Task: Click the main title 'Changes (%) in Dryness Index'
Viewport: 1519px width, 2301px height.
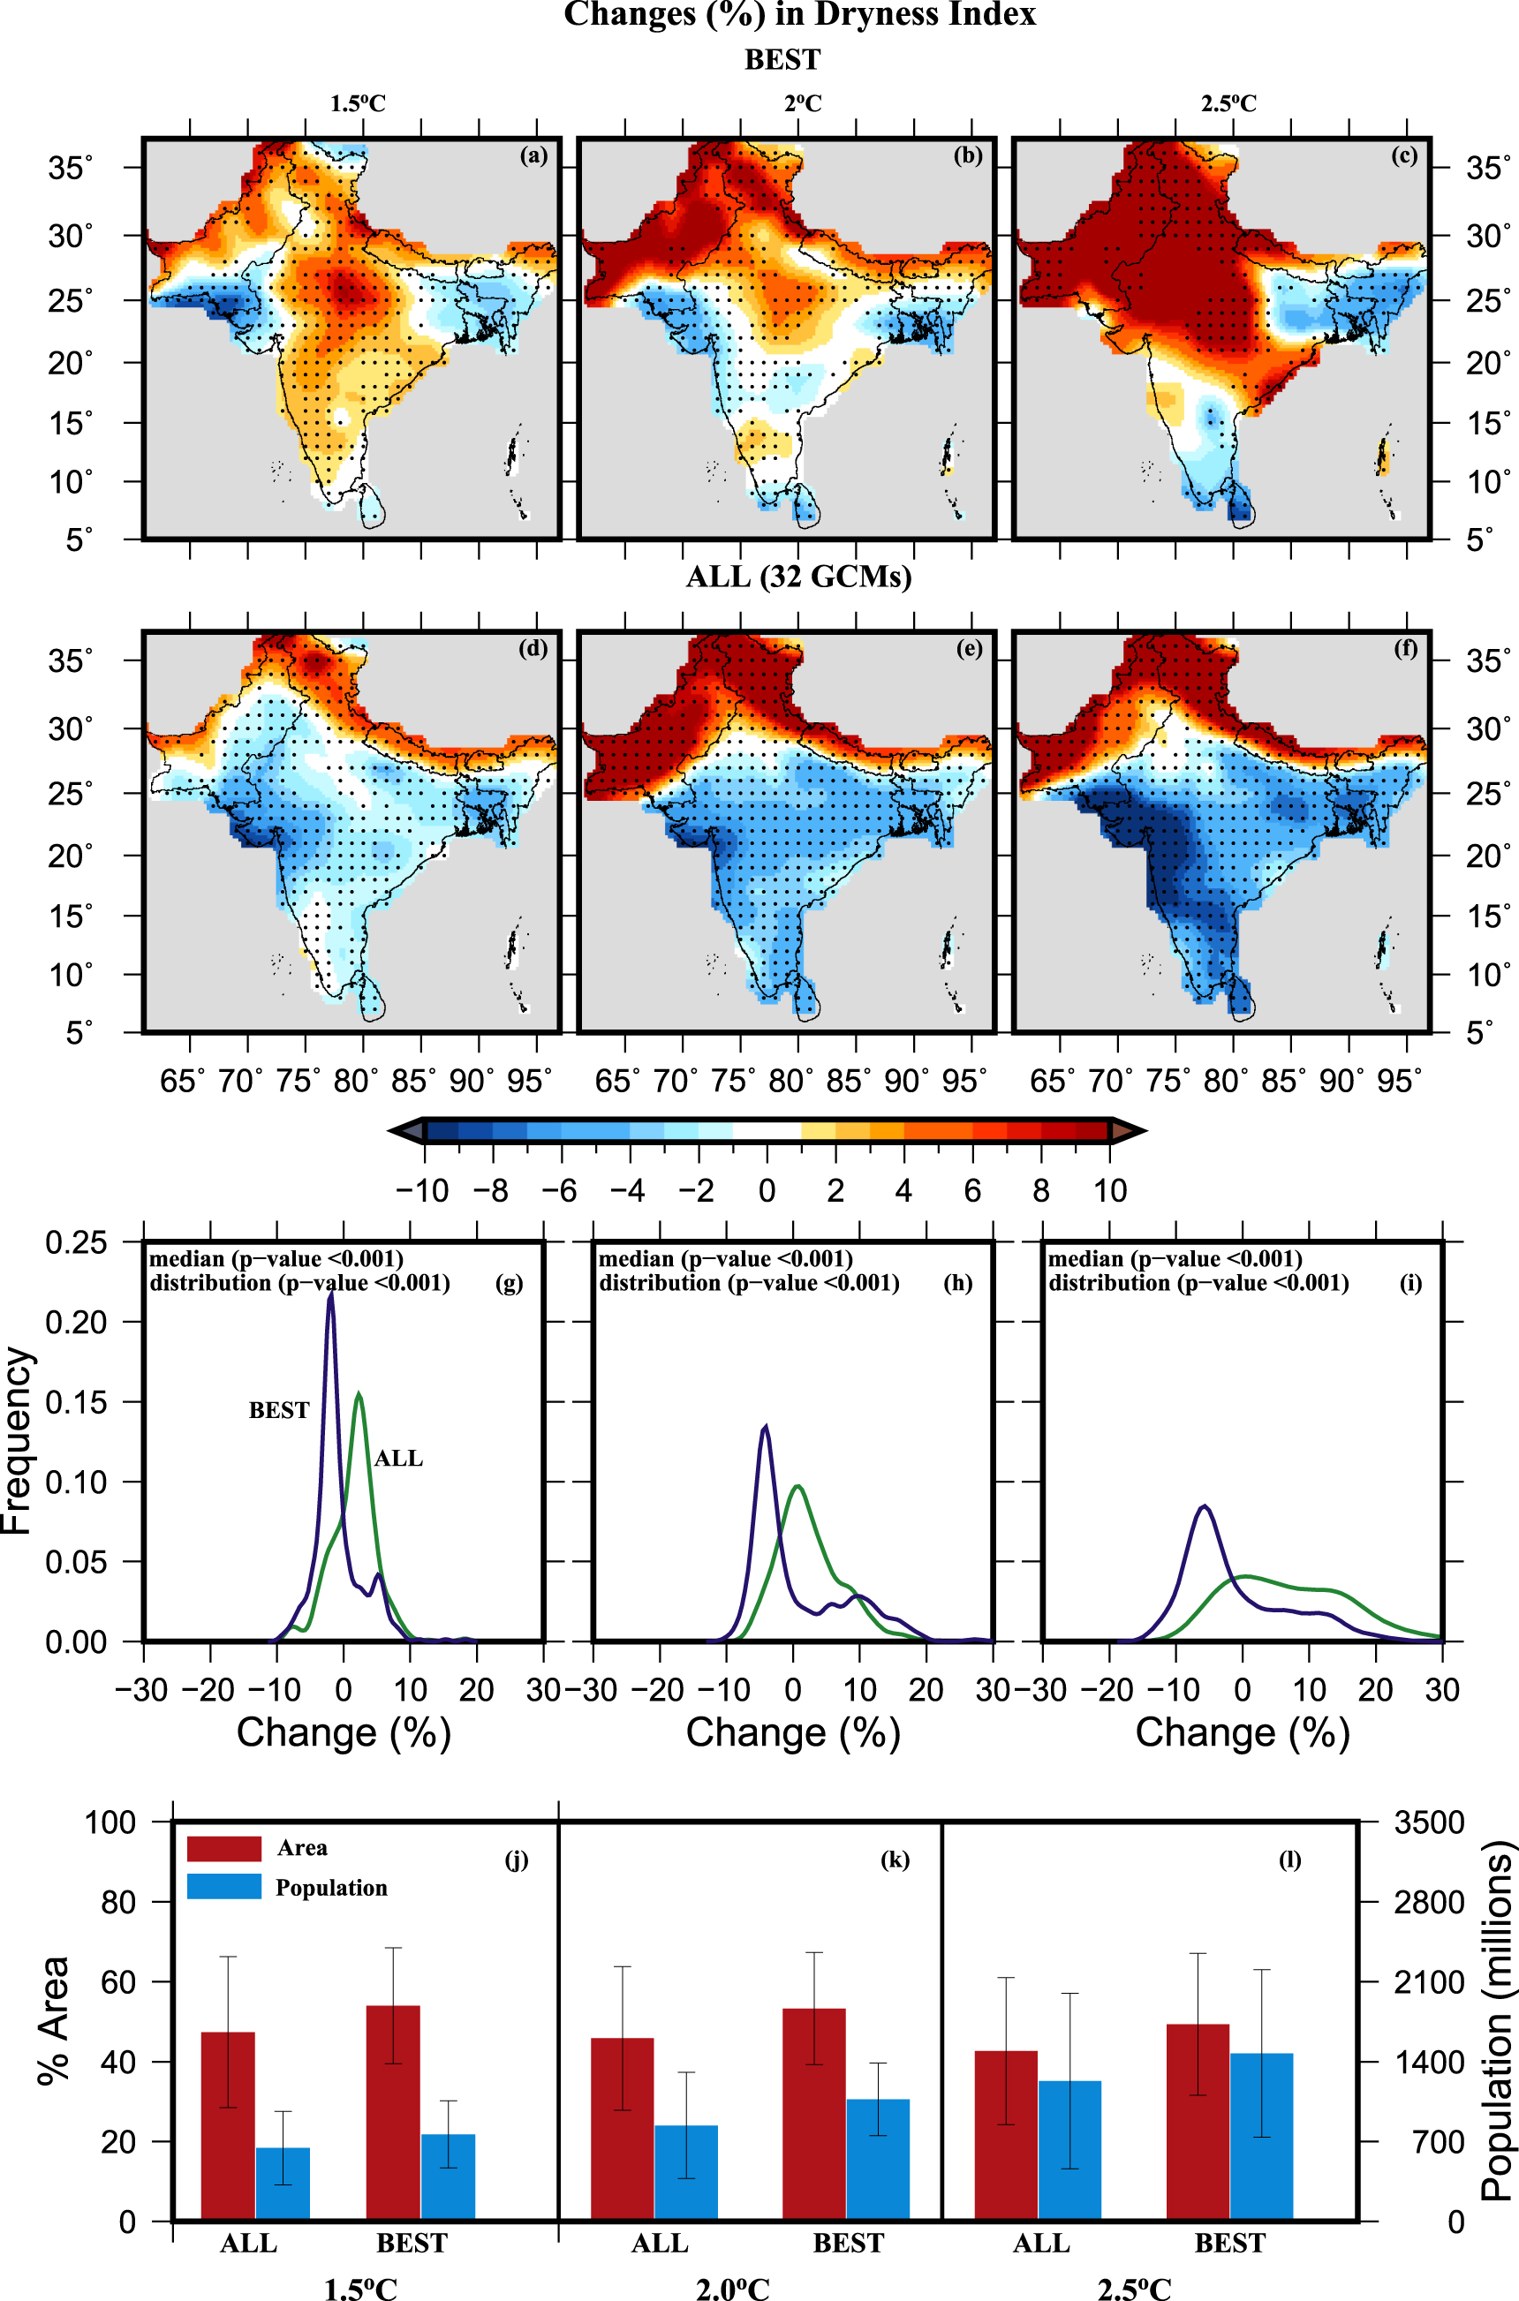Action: coord(799,16)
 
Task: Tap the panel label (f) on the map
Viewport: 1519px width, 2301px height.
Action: coord(1405,649)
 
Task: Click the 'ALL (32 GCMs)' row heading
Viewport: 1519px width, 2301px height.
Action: coord(798,577)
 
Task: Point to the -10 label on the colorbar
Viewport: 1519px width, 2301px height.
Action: coord(422,1190)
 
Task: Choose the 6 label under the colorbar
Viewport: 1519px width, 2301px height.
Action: coord(972,1190)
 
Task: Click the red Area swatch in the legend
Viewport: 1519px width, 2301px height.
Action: coord(223,1848)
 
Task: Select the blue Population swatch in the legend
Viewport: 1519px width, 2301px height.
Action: coord(223,1887)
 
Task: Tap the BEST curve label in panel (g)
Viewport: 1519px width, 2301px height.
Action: coord(279,1410)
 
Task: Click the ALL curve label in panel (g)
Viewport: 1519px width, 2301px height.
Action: coord(398,1459)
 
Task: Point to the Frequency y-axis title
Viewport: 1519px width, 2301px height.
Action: coord(18,1441)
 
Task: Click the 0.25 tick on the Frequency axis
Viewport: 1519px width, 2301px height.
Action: coord(76,1242)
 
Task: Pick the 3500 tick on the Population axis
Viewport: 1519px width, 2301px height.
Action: coord(1429,1822)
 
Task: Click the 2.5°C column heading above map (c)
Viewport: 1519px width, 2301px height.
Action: coord(1228,103)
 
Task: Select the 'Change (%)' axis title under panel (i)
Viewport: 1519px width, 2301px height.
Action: coord(1242,1733)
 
